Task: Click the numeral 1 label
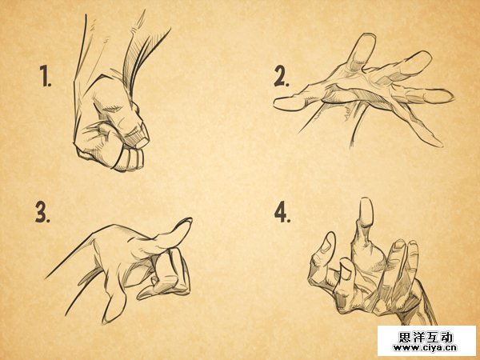pos(46,76)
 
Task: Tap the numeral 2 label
pos(282,76)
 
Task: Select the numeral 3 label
pos(42,212)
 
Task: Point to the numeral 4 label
pos(282,212)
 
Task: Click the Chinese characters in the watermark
pos(426,338)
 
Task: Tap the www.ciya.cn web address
pos(426,348)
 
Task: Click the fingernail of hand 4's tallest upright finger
pos(366,212)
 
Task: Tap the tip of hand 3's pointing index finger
pos(187,221)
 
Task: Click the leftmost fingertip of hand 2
pos(277,103)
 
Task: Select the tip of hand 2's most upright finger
pos(368,38)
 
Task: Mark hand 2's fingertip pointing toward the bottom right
pos(438,143)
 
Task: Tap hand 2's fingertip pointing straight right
pos(449,97)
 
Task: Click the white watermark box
pos(426,341)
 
